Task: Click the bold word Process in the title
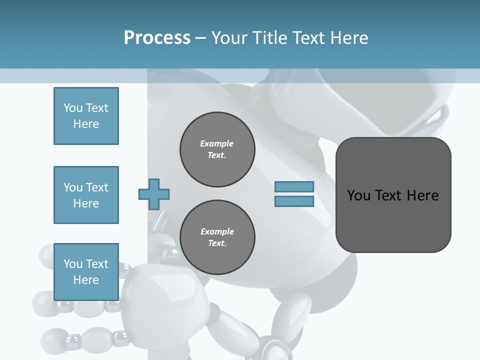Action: pyautogui.click(x=157, y=38)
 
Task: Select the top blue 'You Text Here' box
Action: pyautogui.click(x=86, y=116)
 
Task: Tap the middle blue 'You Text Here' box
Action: pyautogui.click(x=86, y=195)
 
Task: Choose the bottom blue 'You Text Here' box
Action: pyautogui.click(x=86, y=271)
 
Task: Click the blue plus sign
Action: pyautogui.click(x=154, y=194)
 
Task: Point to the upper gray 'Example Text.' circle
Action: pyautogui.click(x=217, y=149)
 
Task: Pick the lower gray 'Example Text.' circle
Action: pyautogui.click(x=217, y=237)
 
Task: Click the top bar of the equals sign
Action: pyautogui.click(x=294, y=187)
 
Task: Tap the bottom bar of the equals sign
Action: pyautogui.click(x=294, y=201)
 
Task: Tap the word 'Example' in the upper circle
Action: pyautogui.click(x=217, y=144)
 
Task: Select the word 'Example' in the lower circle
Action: pyautogui.click(x=217, y=232)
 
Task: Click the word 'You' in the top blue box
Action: pyautogui.click(x=72, y=108)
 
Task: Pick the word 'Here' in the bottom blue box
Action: pyautogui.click(x=86, y=280)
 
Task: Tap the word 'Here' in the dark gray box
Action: pyautogui.click(x=422, y=195)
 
